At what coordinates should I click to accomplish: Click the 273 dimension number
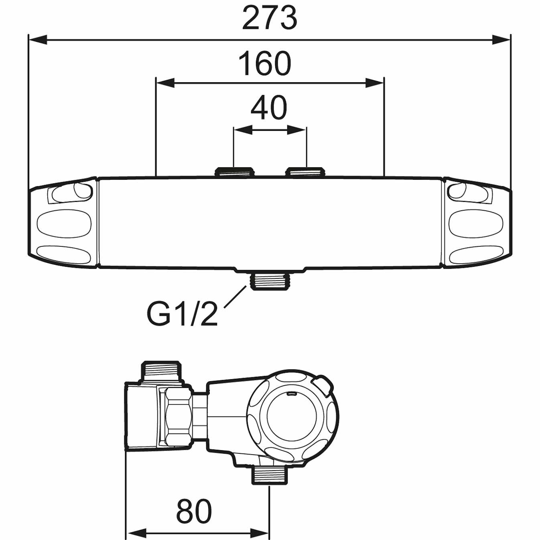tap(270, 18)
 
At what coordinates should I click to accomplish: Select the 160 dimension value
tap(265, 63)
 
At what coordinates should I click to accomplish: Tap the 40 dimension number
tap(269, 108)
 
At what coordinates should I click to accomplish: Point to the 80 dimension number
tap(194, 512)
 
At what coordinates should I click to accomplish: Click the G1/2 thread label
tap(182, 314)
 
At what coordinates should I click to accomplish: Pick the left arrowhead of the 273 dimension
tap(38, 40)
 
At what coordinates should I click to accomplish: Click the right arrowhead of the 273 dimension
tap(501, 40)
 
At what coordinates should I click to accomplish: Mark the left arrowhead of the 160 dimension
tap(165, 83)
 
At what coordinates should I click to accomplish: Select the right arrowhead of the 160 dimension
tap(375, 83)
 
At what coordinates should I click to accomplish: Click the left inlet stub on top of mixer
tap(235, 172)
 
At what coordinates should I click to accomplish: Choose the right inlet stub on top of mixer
tap(305, 172)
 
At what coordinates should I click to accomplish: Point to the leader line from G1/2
tap(235, 297)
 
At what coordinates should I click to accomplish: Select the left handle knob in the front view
tap(63, 223)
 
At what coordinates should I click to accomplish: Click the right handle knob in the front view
tap(477, 223)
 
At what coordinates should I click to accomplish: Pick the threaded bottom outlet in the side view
tap(270, 475)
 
